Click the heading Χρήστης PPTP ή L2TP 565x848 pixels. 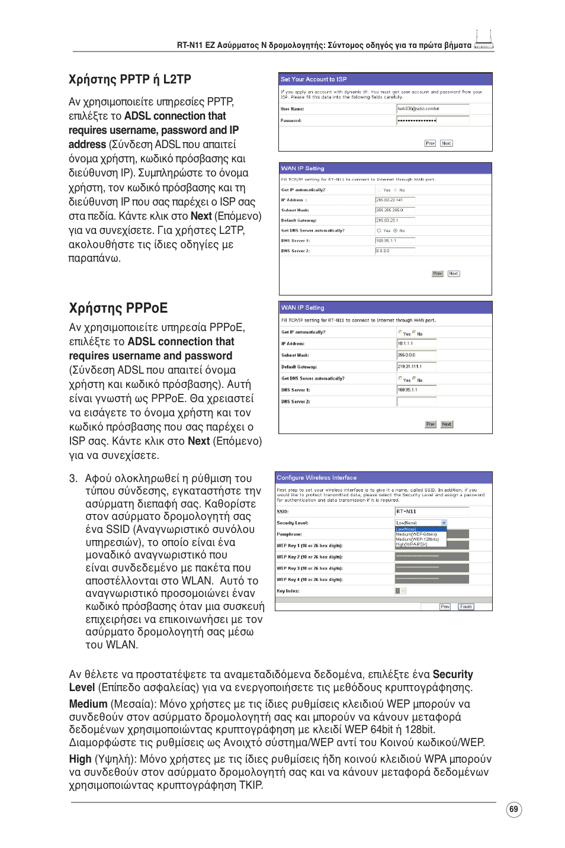coord(130,79)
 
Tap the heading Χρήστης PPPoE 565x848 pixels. coord(118,308)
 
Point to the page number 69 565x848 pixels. coord(513,810)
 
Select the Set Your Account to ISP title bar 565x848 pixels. coord(385,79)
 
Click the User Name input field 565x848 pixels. coord(432,109)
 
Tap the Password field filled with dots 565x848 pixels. coord(432,120)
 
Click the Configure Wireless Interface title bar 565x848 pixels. coord(383,477)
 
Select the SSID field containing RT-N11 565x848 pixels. coord(431,511)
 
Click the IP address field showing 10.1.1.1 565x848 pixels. coord(416,343)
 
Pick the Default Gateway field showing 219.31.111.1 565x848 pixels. coord(416,367)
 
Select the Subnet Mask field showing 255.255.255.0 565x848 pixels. coord(394,210)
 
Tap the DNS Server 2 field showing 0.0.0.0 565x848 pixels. coord(394,251)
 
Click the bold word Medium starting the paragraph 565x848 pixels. coord(88,704)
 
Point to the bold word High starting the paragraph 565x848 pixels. coord(80,759)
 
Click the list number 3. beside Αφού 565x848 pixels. coord(73,478)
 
